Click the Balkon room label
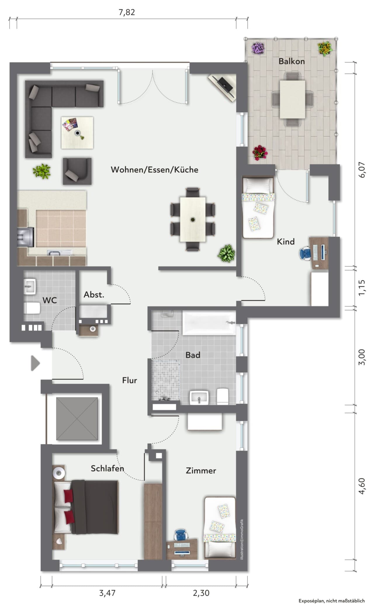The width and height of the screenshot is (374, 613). pos(291,61)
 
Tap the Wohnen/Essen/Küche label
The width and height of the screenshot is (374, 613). pos(155,170)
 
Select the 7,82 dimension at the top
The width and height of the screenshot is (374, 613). pos(127,12)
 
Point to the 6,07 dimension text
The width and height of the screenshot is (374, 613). pos(362,170)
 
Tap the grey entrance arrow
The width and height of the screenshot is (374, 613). pos(36,363)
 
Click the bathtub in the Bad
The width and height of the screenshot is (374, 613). pos(209,323)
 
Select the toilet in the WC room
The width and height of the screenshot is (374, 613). pos(32,308)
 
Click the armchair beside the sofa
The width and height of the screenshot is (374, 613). pos(77,171)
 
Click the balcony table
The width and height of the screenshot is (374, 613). pos(292,99)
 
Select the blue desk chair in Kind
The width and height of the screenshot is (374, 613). pos(306,253)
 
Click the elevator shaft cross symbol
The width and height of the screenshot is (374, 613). pos(77,419)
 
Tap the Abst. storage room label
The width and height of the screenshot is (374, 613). pos(94,295)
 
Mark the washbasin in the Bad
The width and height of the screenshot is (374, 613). pos(199,398)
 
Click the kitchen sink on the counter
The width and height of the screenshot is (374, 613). pos(60,252)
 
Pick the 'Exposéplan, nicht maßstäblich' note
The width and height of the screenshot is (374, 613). pos(331,601)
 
